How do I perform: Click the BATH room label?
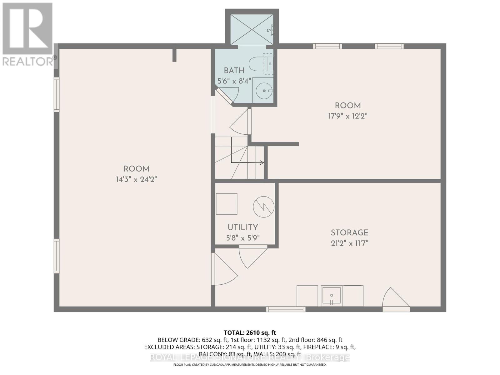pyautogui.click(x=234, y=70)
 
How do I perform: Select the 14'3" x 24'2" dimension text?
pyautogui.click(x=136, y=179)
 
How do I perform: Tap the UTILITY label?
pyautogui.click(x=242, y=227)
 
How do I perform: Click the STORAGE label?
pyautogui.click(x=349, y=232)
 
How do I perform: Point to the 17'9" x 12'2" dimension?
pyautogui.click(x=347, y=116)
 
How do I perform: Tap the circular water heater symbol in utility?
pyautogui.click(x=263, y=207)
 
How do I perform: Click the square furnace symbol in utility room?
pyautogui.click(x=227, y=204)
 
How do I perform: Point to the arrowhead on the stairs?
pyautogui.click(x=262, y=162)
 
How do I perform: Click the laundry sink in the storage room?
pyautogui.click(x=331, y=296)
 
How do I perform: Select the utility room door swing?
pyautogui.click(x=250, y=256)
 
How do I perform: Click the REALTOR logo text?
pyautogui.click(x=28, y=61)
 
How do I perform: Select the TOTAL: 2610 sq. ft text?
pyautogui.click(x=250, y=333)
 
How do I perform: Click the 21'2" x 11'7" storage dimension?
pyautogui.click(x=349, y=243)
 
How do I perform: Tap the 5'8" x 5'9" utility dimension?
pyautogui.click(x=243, y=238)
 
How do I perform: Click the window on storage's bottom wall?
pyautogui.click(x=286, y=309)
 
